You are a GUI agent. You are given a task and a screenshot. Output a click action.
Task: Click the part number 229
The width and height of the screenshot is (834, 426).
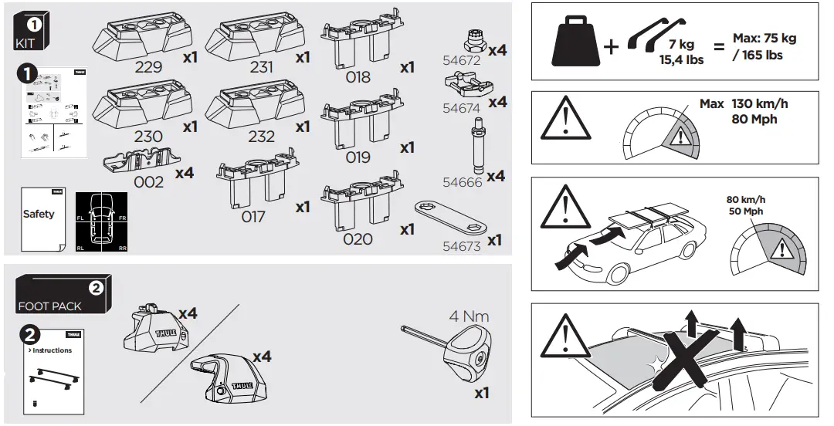pos(148,67)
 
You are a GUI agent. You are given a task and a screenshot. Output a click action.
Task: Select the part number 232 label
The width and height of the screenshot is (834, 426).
pos(262,137)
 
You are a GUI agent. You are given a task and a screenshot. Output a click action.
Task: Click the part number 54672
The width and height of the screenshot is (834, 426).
pos(462,59)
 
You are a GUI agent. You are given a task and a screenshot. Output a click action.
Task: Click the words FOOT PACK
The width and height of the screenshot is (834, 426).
pos(51,306)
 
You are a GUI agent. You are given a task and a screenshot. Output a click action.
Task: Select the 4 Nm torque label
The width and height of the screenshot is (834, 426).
pos(469,316)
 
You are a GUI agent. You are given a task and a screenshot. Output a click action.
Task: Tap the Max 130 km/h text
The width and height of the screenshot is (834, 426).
pos(744,103)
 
